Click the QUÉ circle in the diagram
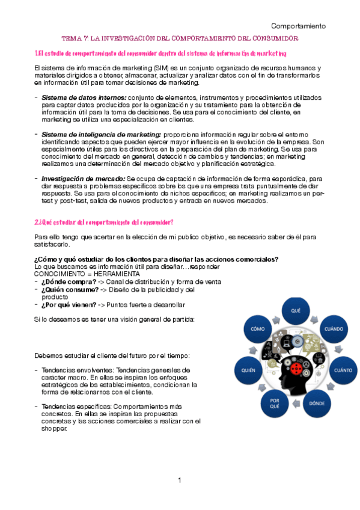(296, 311)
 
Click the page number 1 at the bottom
(179, 480)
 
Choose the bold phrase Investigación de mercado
(83, 179)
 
